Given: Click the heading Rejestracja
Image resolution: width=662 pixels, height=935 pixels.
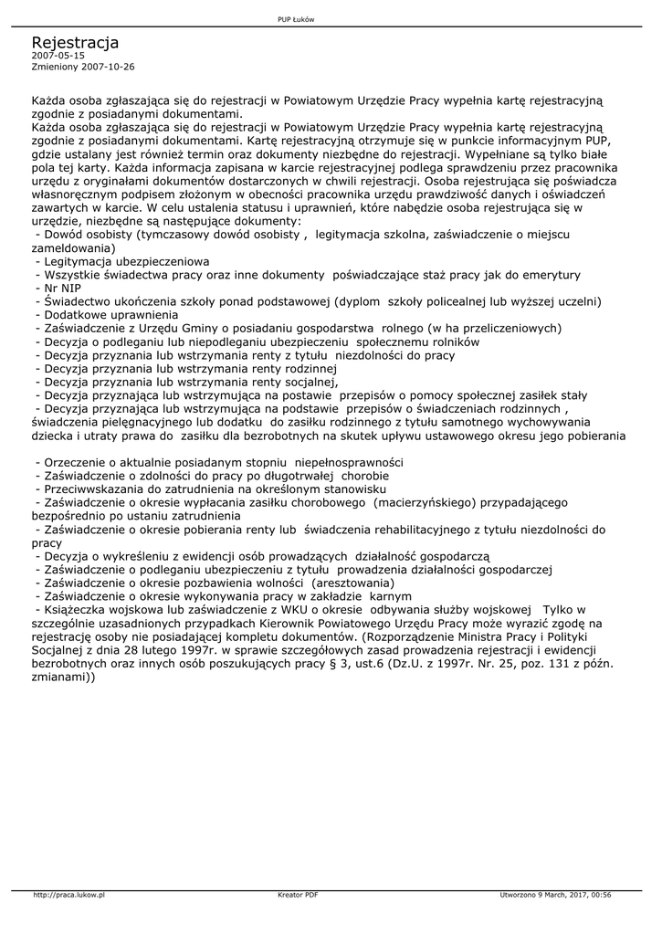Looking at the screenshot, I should [75, 43].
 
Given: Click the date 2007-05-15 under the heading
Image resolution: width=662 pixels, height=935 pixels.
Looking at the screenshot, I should [58, 56].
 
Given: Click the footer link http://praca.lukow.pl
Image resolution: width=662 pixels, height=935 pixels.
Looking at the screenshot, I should [69, 894].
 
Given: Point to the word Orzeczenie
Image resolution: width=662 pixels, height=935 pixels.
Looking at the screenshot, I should [76, 462].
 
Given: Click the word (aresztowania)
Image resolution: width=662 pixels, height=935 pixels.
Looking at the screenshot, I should [353, 583].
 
